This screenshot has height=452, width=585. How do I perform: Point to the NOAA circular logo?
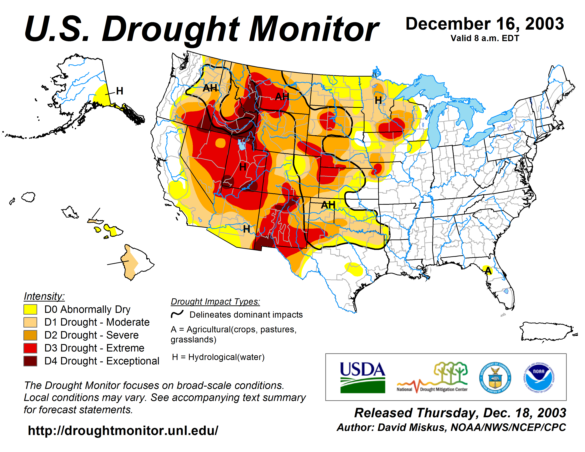(539, 378)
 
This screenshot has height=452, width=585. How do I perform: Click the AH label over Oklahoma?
(328, 205)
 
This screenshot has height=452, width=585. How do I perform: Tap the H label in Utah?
(243, 167)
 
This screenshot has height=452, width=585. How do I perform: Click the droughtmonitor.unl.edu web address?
(123, 431)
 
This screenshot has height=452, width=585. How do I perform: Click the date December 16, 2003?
(485, 24)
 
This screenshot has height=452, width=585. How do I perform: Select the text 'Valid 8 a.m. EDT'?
(485, 38)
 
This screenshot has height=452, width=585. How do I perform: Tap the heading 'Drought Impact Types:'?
(215, 302)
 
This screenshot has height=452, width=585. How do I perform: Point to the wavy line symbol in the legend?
(177, 314)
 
